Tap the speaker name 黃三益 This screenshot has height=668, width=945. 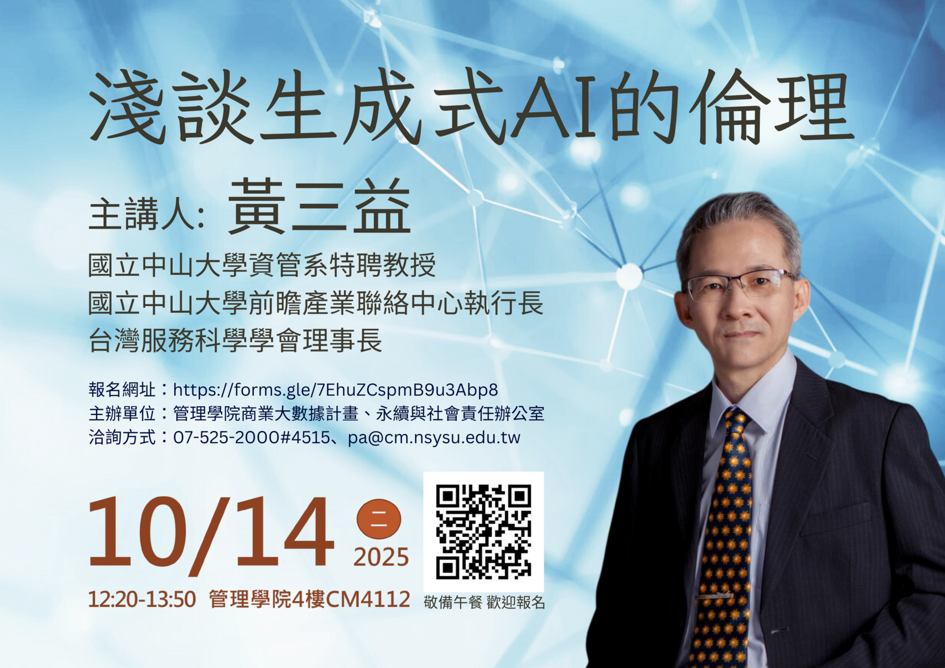[x=319, y=207]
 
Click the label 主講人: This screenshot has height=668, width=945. [x=147, y=215]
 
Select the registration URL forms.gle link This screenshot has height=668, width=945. [x=335, y=390]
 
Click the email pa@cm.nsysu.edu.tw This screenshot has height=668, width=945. [x=434, y=437]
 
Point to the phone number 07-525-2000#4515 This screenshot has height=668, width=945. [x=251, y=437]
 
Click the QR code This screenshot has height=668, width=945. [x=483, y=532]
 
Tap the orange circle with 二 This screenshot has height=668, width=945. [x=378, y=519]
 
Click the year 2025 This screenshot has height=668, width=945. [x=381, y=557]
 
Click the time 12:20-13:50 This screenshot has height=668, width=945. [x=142, y=600]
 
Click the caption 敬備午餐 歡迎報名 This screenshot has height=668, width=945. [x=484, y=603]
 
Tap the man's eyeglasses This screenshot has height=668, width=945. [x=738, y=286]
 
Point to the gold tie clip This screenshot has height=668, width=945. [x=714, y=597]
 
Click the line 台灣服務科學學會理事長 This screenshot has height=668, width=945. [x=235, y=341]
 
